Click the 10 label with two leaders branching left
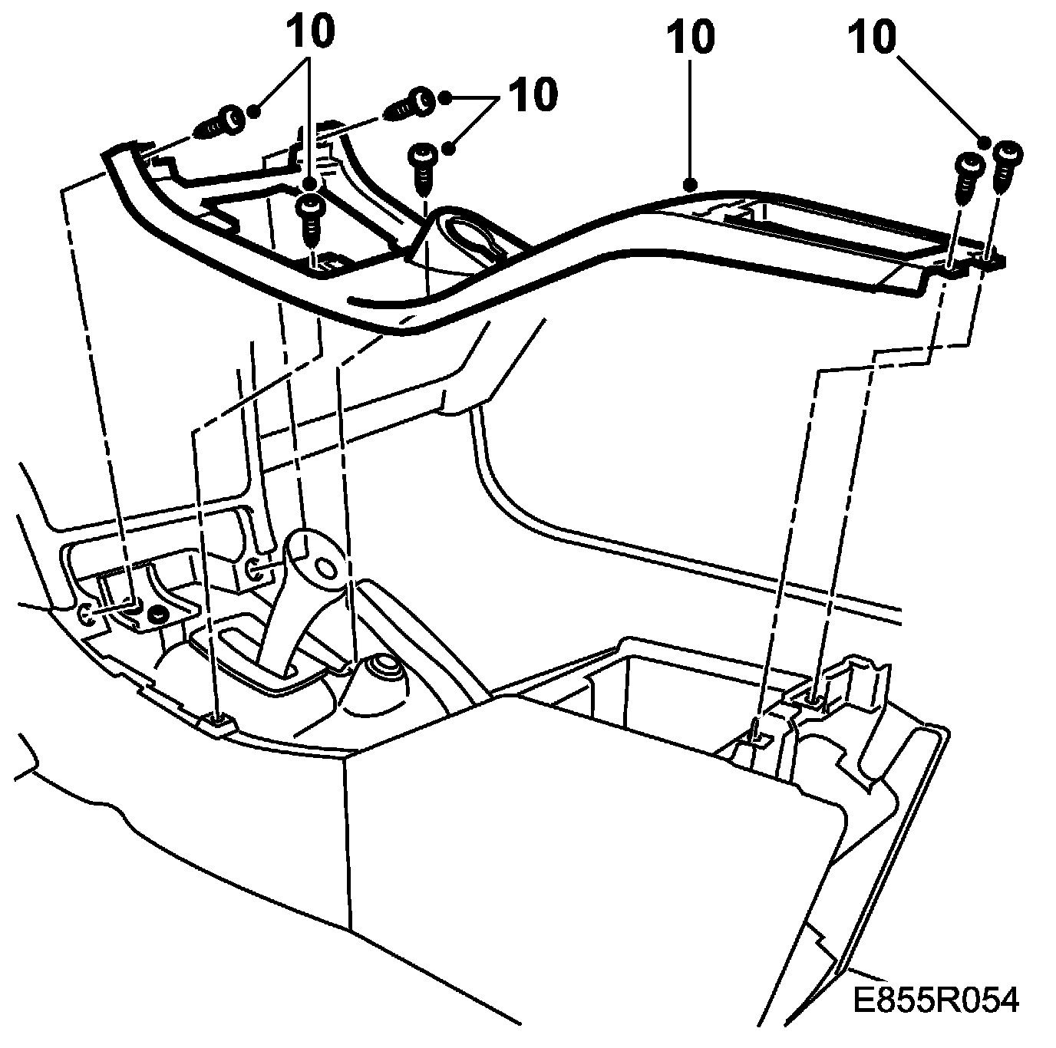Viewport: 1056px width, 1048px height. pyautogui.click(x=532, y=95)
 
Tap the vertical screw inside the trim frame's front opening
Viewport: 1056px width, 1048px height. pyautogui.click(x=309, y=216)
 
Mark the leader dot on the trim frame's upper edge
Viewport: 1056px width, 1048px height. pyautogui.click(x=691, y=184)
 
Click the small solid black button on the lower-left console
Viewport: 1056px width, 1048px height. pyautogui.click(x=158, y=612)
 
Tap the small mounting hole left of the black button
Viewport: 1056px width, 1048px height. pyautogui.click(x=86, y=612)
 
